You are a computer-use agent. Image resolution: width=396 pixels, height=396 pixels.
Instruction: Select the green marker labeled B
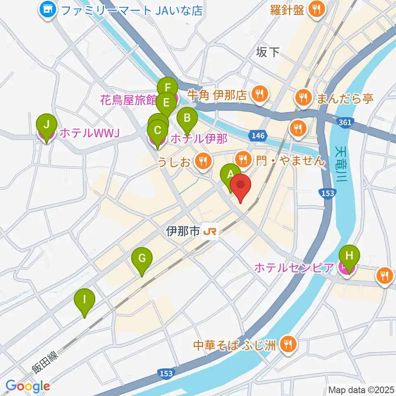[x=187, y=119]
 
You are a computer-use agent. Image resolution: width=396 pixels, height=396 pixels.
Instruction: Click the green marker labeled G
[x=141, y=259]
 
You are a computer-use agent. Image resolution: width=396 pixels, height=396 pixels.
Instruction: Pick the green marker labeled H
[x=349, y=256]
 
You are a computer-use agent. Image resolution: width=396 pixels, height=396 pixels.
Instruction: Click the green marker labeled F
[x=167, y=88]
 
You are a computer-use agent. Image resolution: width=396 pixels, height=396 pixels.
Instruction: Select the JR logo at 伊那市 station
[x=210, y=232]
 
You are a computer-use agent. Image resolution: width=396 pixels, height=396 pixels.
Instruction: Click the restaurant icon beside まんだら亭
[x=304, y=98]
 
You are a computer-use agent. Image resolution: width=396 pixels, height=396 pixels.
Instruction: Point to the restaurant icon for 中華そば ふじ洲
[x=288, y=344]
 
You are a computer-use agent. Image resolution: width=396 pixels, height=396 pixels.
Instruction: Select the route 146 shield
[x=257, y=135]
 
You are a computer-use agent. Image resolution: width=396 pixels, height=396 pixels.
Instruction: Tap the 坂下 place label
[x=268, y=52]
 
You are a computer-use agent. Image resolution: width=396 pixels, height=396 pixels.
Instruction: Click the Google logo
[x=28, y=386]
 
